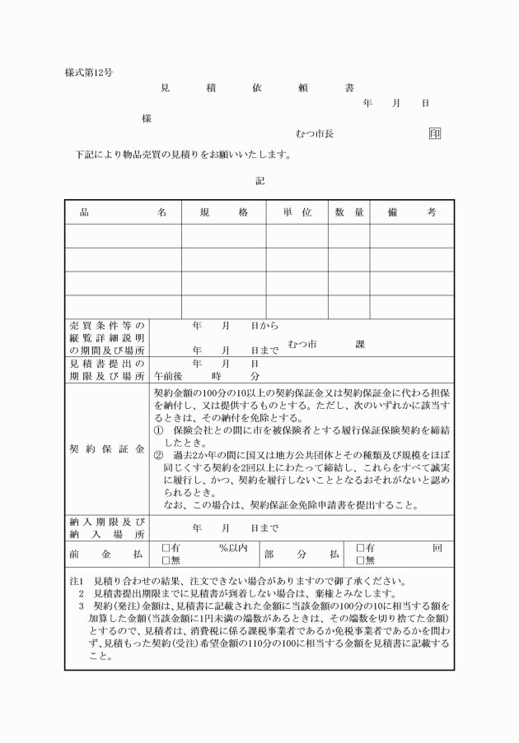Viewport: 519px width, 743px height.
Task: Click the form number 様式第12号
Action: (x=89, y=72)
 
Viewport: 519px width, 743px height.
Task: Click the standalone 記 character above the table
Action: (x=259, y=180)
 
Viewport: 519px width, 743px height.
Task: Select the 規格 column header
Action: (x=224, y=212)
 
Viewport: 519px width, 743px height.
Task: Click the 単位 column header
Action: (x=297, y=212)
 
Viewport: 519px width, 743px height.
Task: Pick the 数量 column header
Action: (x=349, y=212)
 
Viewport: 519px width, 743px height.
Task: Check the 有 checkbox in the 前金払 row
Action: (x=166, y=548)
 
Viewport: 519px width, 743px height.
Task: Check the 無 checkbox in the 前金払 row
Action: (x=166, y=561)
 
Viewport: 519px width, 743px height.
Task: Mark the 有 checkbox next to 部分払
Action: (x=360, y=548)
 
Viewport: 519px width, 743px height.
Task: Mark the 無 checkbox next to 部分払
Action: (x=360, y=561)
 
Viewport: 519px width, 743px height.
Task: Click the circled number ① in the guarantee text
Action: (x=159, y=430)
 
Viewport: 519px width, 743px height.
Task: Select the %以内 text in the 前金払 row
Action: (x=233, y=548)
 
